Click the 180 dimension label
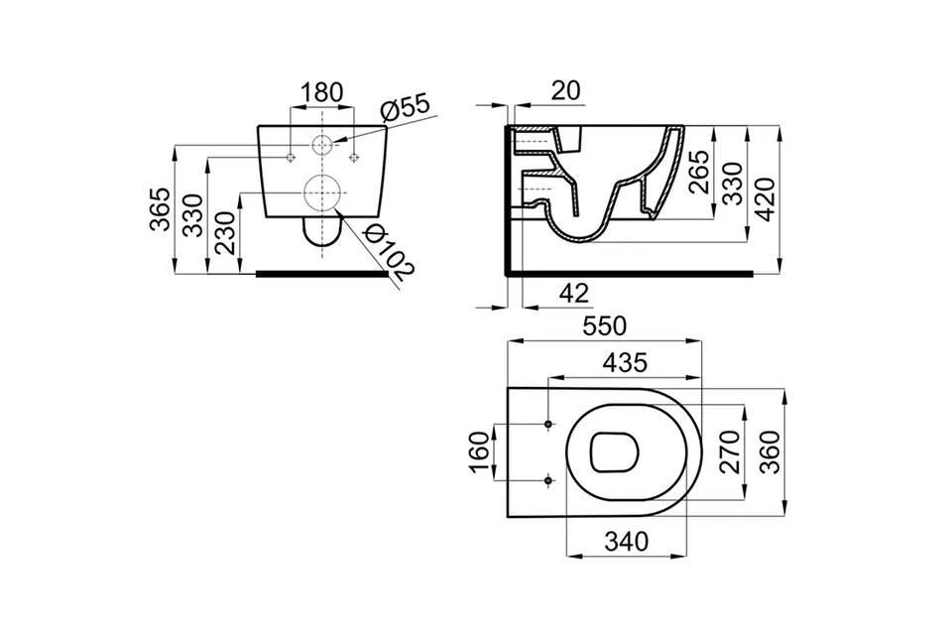coord(322,92)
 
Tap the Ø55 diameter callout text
coord(405,107)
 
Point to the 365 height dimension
coord(161,209)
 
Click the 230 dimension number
coord(226,233)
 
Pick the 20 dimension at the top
coord(566,90)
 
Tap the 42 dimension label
coord(574,294)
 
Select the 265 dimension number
coord(700,172)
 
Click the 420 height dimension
coord(766,199)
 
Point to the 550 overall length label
coord(604,326)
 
